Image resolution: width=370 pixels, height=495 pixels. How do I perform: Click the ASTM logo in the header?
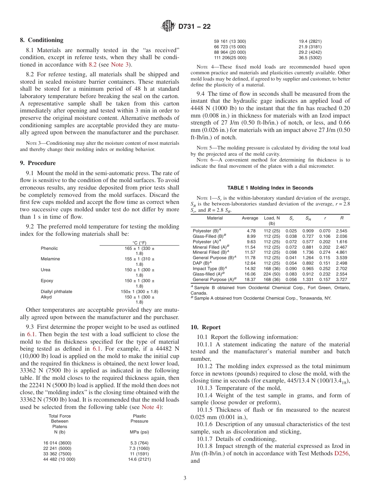(168, 26)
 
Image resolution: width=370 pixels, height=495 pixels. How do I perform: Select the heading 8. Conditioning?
(42, 40)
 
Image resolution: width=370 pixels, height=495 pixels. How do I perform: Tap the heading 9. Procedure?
(38, 163)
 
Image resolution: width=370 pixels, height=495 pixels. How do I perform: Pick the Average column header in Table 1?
(250, 218)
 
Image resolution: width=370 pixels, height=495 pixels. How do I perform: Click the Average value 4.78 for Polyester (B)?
(251, 231)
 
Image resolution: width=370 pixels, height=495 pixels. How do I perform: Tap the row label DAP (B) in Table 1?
(203, 263)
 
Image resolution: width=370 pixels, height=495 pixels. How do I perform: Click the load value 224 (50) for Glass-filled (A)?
(272, 274)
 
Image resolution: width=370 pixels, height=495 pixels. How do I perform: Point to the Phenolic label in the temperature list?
(49, 248)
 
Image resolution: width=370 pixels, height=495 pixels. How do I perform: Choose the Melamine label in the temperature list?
(50, 259)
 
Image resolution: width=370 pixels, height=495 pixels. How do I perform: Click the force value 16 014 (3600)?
(57, 443)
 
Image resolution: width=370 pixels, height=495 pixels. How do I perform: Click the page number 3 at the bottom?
(185, 478)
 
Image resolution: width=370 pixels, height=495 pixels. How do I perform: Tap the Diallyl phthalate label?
(56, 291)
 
